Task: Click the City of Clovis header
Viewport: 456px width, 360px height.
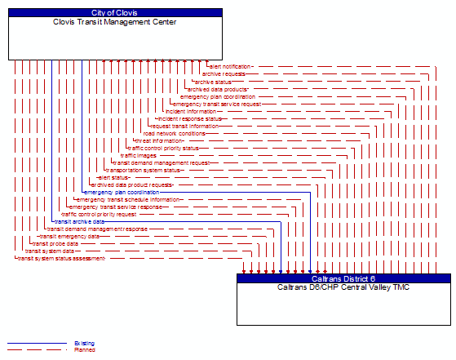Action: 115,13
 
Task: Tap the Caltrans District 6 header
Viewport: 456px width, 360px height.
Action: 343,278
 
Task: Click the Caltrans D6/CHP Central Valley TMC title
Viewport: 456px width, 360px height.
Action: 343,287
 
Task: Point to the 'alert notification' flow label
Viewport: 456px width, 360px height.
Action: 230,66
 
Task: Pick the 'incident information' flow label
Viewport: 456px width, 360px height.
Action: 191,111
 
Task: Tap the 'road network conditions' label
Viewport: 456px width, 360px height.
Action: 174,133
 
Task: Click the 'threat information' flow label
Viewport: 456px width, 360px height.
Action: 159,140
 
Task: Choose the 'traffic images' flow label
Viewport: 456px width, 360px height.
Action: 139,155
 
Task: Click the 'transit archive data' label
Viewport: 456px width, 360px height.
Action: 79,221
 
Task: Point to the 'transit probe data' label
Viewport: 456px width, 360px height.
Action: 55,243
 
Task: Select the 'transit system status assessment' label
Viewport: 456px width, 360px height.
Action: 61,258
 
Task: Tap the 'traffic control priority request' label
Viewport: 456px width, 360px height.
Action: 99,214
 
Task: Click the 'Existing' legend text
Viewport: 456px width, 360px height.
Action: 85,344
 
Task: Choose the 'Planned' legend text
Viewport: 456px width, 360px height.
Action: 85,350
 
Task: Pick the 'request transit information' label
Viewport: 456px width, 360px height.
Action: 184,126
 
